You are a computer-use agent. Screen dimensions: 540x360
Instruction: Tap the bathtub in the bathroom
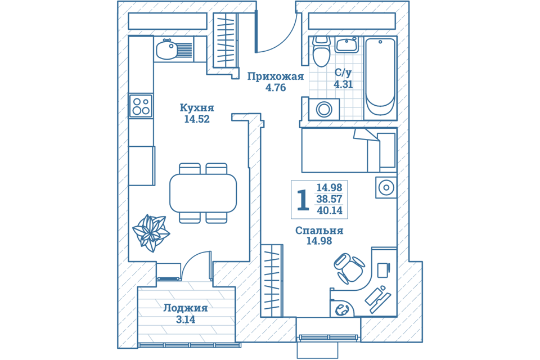(380, 77)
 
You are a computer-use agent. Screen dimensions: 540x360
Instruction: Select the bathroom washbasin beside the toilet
(347, 45)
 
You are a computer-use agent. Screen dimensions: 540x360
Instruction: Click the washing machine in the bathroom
(324, 110)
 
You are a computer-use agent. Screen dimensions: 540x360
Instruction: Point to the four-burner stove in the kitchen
(141, 106)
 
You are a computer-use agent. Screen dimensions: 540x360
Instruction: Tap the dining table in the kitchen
(203, 193)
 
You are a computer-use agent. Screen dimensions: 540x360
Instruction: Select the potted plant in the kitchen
(151, 232)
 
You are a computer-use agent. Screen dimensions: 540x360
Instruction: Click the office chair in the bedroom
(348, 268)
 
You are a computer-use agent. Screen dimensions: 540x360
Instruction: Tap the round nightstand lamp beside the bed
(386, 188)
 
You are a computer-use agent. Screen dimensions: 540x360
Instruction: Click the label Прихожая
(276, 76)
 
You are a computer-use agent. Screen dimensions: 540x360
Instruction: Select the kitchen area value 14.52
(197, 120)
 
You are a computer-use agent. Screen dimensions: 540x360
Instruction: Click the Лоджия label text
(185, 308)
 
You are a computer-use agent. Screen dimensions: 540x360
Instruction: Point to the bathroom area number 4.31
(343, 84)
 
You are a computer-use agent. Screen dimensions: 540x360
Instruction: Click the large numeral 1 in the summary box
(303, 200)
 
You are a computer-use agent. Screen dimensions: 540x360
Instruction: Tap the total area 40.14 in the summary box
(330, 210)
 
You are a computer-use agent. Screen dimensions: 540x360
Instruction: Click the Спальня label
(319, 230)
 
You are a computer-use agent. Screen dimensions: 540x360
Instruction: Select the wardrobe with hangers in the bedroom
(272, 281)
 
